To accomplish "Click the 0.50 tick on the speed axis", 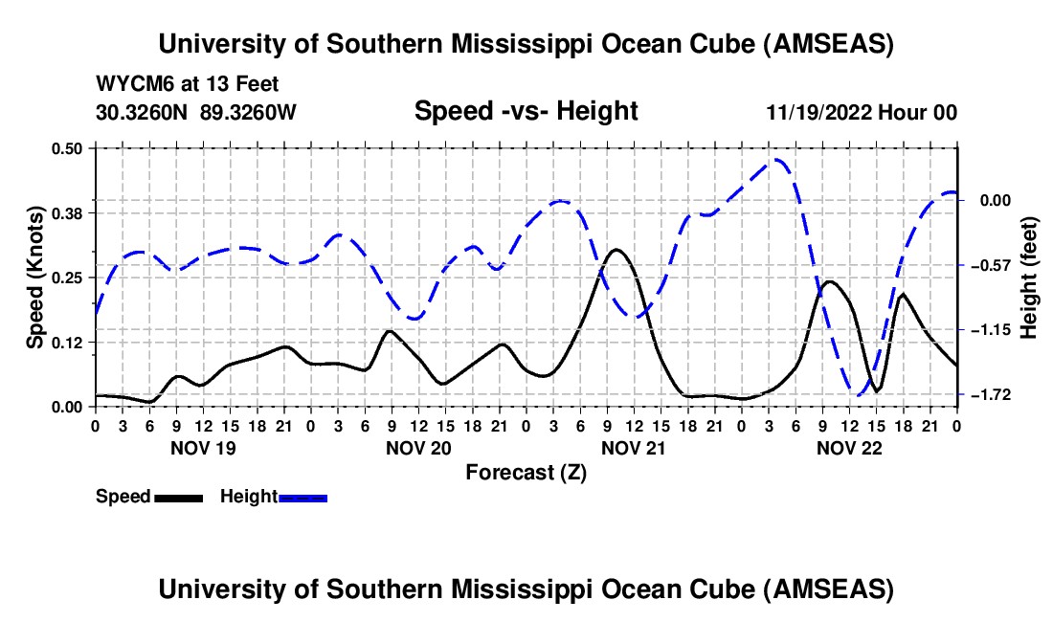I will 68,147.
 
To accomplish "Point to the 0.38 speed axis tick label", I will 68,212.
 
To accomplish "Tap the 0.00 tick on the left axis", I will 68,407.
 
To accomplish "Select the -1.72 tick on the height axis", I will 996,394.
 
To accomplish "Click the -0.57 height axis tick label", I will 996,265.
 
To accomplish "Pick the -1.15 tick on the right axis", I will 996,330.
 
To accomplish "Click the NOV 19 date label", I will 202,447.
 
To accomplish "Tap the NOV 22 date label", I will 848,447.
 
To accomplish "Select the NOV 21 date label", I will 633,447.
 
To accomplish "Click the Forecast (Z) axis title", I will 525,472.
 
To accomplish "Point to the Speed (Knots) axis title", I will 34,278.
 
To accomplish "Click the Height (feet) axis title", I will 1029,278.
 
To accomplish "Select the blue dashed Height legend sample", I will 302,497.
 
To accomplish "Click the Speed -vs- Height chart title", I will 526,111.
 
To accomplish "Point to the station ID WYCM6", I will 130,85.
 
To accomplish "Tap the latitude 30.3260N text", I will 144,113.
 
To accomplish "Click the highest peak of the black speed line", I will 616,250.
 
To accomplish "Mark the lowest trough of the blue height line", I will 859,394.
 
